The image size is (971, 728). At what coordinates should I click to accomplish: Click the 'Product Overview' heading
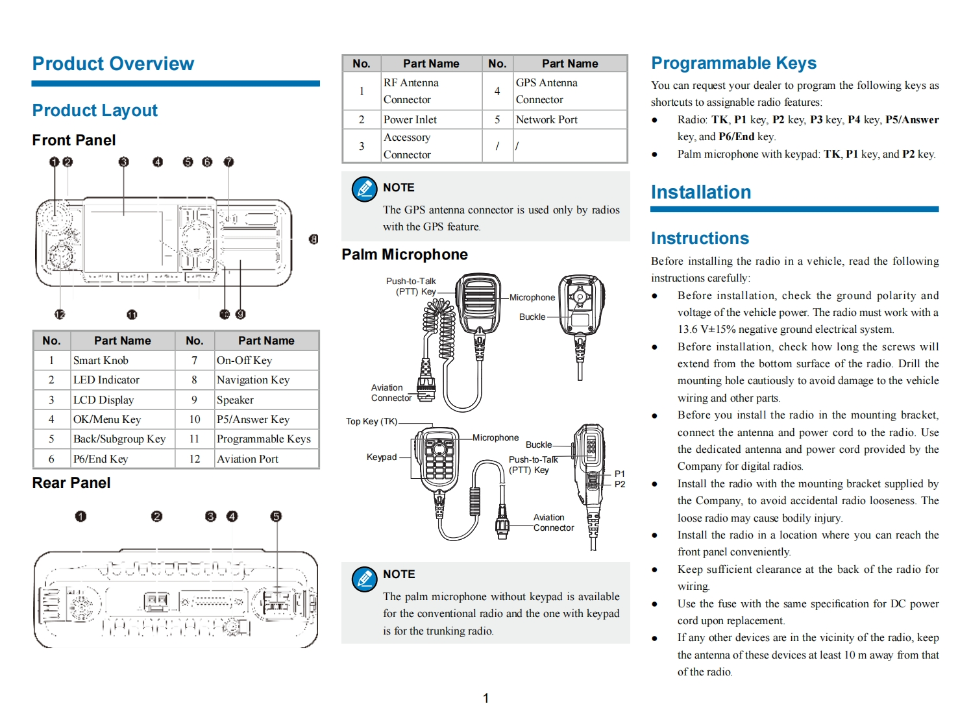click(x=113, y=64)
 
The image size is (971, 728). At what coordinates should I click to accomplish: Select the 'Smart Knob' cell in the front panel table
click(x=101, y=360)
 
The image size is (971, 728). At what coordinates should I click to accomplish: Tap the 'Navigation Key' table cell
click(x=253, y=380)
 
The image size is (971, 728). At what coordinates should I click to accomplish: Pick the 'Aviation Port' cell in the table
click(x=247, y=459)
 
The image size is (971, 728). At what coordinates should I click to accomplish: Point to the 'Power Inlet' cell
click(x=410, y=119)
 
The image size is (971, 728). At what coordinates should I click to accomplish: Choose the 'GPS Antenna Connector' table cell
click(x=547, y=91)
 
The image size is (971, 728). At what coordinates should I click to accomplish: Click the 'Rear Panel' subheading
click(x=71, y=483)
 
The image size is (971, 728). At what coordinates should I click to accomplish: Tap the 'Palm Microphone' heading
click(x=404, y=254)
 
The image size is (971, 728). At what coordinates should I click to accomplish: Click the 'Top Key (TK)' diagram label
click(x=371, y=421)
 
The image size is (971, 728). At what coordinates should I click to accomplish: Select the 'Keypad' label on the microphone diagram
click(x=382, y=457)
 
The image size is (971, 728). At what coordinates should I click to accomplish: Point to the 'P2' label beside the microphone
click(x=620, y=484)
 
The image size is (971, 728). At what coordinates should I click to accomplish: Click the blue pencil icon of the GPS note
click(x=364, y=189)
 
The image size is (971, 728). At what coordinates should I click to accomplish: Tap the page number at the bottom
click(x=485, y=698)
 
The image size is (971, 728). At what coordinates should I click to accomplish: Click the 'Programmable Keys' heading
click(x=733, y=63)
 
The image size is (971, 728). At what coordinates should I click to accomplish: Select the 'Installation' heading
click(x=700, y=192)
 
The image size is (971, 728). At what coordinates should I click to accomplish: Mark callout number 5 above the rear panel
click(x=276, y=516)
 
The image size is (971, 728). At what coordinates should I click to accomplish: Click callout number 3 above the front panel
click(x=123, y=162)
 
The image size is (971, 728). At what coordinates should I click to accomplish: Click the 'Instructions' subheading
click(x=700, y=238)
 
